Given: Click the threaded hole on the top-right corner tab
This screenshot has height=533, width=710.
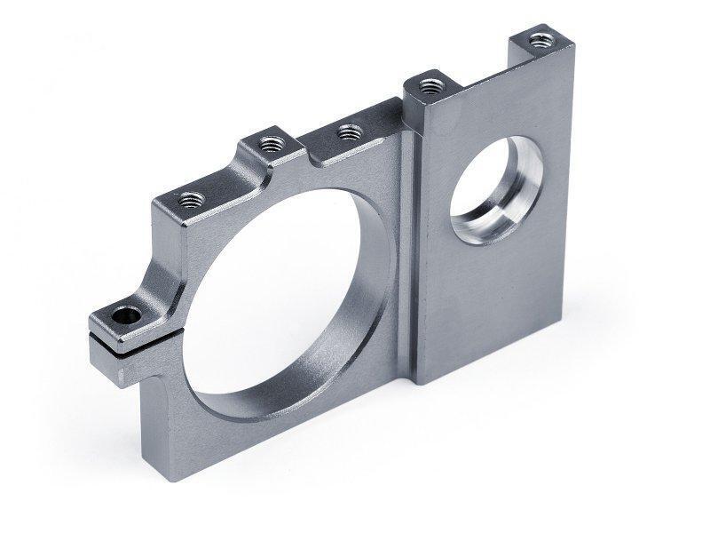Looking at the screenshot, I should (x=540, y=39).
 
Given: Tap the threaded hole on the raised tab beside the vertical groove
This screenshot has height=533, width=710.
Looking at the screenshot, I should (x=430, y=86).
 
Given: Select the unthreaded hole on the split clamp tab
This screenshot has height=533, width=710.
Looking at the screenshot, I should (x=123, y=314).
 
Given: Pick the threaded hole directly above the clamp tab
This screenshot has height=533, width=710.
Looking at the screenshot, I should (x=190, y=199).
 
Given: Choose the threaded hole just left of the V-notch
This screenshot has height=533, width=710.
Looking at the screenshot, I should (x=269, y=141).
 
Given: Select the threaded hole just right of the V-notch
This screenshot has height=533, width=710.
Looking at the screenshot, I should (x=351, y=132).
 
